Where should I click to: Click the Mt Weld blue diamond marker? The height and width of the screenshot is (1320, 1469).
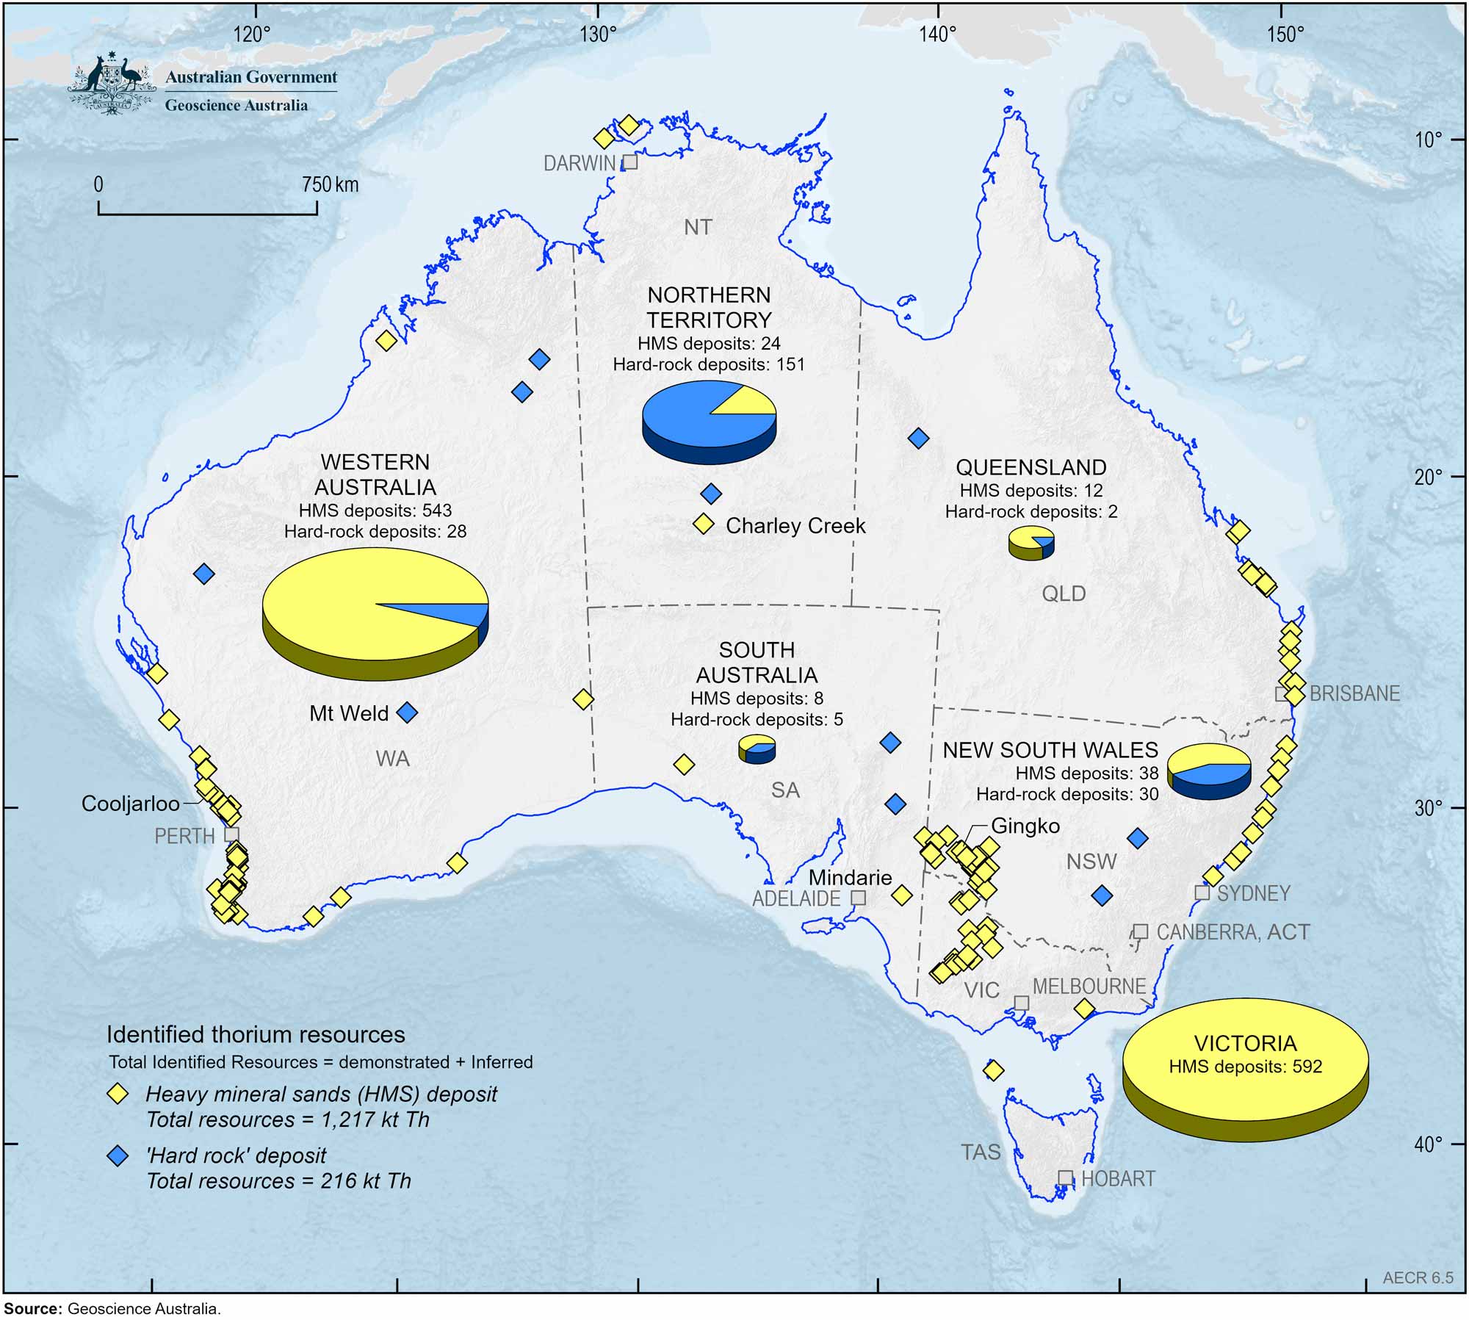tap(407, 712)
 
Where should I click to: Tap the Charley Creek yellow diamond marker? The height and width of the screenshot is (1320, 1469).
tap(704, 524)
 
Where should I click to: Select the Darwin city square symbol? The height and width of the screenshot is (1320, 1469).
tap(630, 162)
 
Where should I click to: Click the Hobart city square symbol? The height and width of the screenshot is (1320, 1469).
tap(1065, 1177)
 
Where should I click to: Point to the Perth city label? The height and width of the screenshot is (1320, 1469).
tap(184, 836)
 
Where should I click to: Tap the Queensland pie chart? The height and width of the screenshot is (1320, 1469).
tap(1031, 543)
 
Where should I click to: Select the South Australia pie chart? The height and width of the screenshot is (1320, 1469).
tap(757, 749)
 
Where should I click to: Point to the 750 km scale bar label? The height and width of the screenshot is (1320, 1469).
tap(330, 184)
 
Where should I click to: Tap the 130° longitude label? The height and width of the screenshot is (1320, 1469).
tap(599, 35)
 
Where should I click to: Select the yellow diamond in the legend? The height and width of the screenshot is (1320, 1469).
tap(118, 1094)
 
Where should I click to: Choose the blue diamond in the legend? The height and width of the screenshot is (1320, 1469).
tap(118, 1156)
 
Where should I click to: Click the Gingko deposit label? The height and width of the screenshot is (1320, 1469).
tap(1025, 826)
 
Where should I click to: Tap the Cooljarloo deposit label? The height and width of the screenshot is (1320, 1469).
tap(130, 804)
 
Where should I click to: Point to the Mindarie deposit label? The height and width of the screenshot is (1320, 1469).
tap(850, 877)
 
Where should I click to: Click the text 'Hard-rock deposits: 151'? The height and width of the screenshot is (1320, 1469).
tap(709, 364)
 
